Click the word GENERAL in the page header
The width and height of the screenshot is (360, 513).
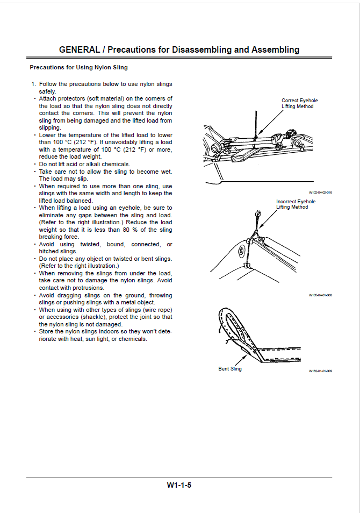(x=79, y=49)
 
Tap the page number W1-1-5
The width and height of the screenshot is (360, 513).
(x=179, y=484)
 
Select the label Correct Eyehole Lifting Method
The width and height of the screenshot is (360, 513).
(x=299, y=103)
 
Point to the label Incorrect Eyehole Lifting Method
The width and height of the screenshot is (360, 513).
(x=296, y=204)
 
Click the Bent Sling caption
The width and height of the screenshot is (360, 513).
(x=230, y=369)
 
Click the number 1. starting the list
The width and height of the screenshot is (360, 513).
(x=33, y=84)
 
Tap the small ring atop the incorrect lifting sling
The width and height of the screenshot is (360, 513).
(x=258, y=213)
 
